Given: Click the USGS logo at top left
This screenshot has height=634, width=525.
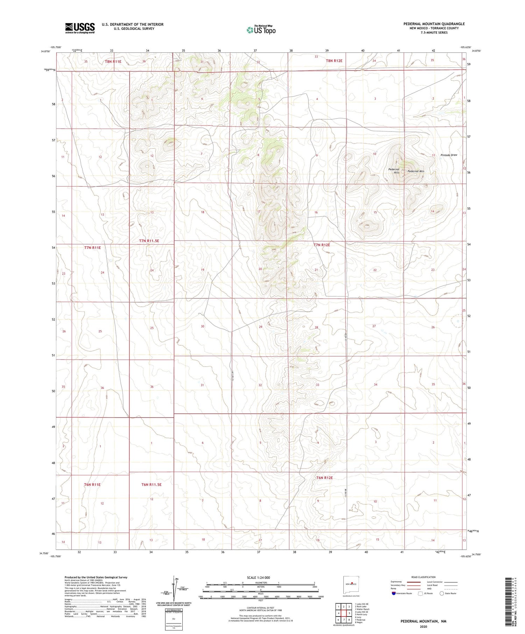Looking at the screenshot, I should pos(80,28).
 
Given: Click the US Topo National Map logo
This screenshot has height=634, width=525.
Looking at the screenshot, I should pos(261,30).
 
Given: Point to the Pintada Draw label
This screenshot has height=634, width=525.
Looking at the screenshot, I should pos(449,155).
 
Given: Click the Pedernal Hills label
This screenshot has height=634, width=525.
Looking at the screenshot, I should pos(394,171).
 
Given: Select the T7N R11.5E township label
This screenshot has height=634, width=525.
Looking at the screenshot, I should pos(151,241).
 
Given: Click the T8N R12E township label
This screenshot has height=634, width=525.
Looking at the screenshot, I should pos(334,61).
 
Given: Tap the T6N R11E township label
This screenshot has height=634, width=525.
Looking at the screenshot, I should pos(92,485).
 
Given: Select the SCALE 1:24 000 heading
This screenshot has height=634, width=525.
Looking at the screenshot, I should pos(258,578).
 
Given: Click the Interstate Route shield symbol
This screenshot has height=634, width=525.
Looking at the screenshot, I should pos(394,593).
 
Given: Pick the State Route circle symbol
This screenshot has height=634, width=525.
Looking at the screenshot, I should pos(442,593).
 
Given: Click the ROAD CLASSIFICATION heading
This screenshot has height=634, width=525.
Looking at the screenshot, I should pos(423,577).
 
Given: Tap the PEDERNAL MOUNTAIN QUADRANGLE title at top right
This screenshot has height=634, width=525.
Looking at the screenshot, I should pos(434,24).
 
